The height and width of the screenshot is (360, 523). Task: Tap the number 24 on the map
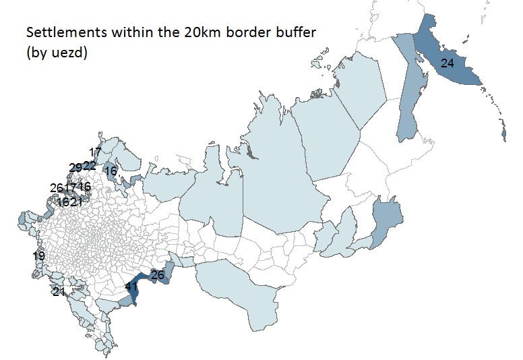coord(448,63)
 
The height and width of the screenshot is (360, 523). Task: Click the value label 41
coord(131,287)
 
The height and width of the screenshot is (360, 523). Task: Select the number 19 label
coord(38,256)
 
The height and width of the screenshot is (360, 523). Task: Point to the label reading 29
coord(75,168)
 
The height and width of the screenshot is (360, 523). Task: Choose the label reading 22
coord(89,166)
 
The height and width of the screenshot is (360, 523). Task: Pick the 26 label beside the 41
coord(158,275)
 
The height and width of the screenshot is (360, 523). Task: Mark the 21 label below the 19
coord(59,292)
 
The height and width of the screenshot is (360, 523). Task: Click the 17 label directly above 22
coord(95,152)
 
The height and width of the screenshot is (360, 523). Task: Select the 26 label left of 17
coord(56,187)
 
